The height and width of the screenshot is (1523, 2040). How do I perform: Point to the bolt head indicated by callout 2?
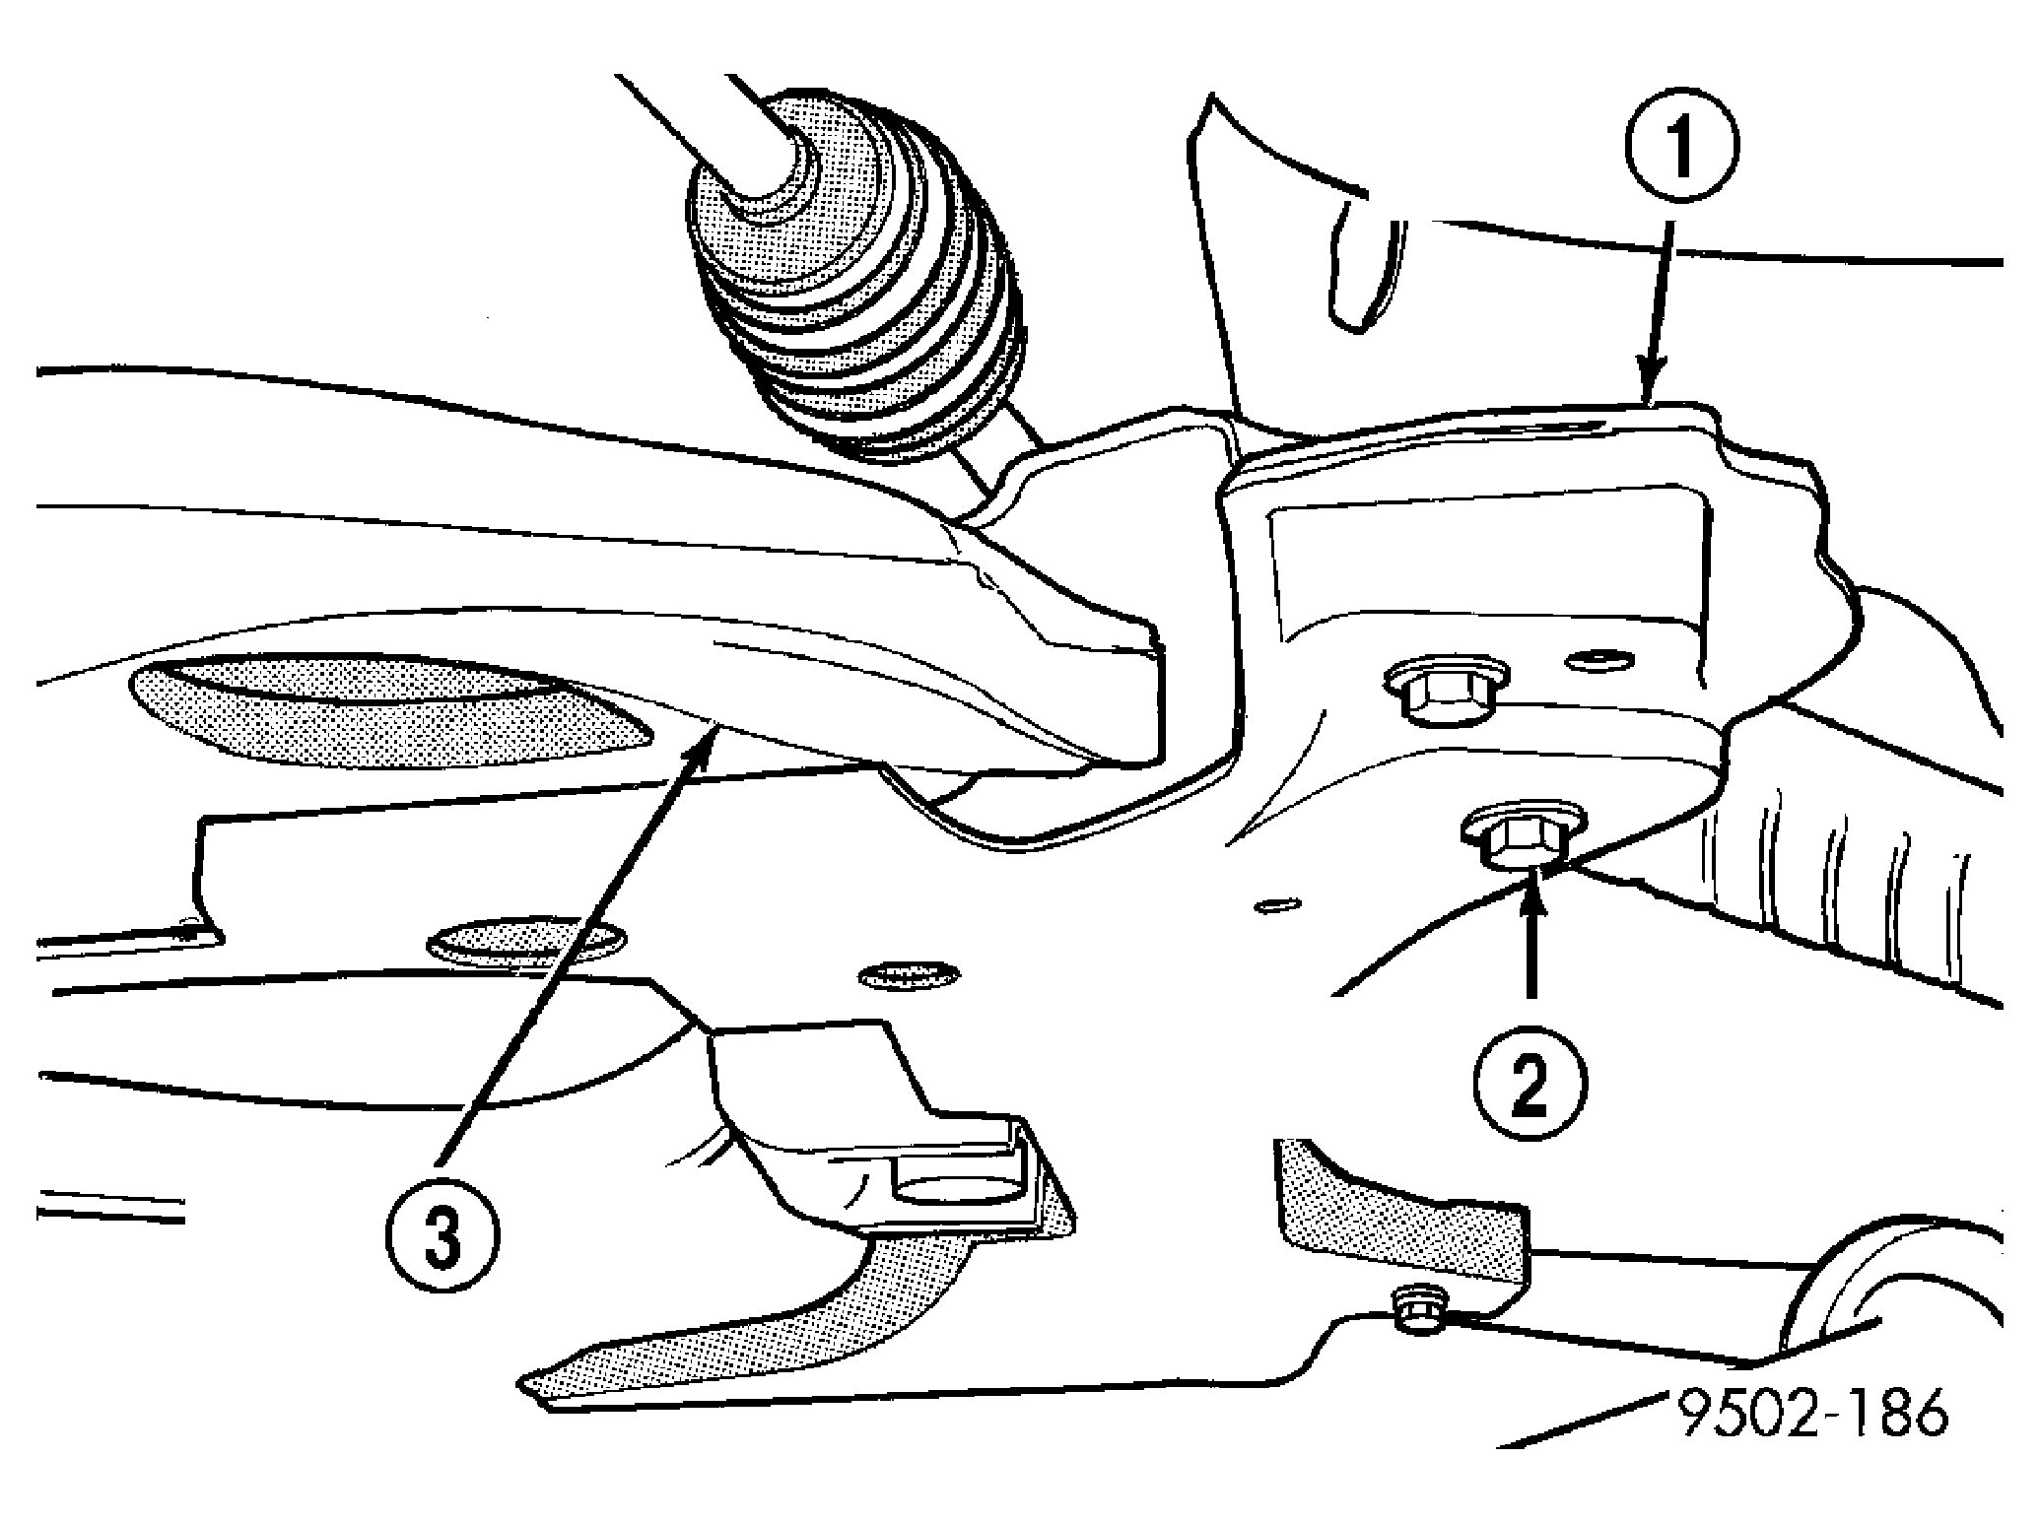point(1523,836)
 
